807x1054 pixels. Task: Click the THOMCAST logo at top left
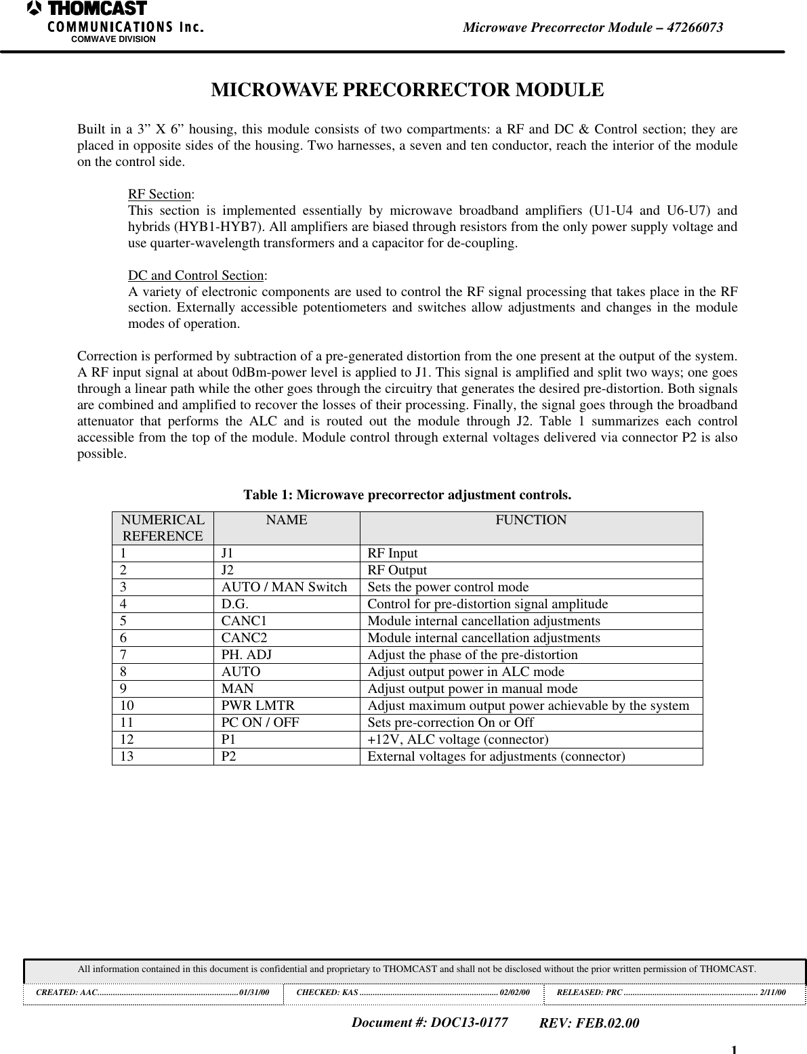coord(88,9)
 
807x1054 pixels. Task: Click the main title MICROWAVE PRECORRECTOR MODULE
coord(407,90)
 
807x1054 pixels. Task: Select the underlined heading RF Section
coord(160,194)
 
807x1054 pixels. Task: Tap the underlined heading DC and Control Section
coord(196,275)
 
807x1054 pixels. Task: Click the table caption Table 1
coord(407,494)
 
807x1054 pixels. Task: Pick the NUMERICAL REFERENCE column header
coord(163,528)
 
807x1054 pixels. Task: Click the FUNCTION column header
coord(531,520)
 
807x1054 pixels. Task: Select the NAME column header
coord(286,520)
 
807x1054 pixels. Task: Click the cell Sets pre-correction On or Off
coord(450,723)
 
